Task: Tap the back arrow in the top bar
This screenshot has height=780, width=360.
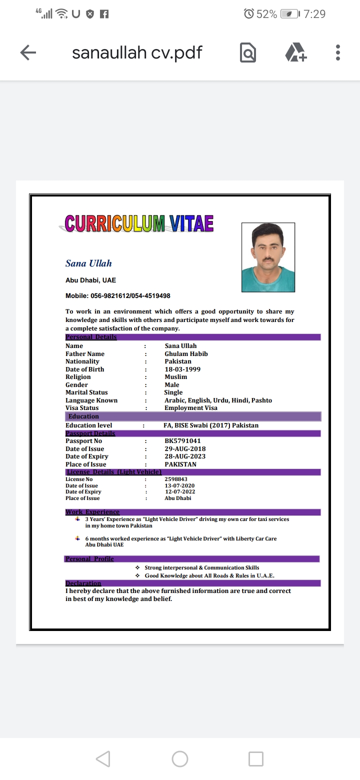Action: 28,52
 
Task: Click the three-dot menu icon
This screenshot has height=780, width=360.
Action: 338,52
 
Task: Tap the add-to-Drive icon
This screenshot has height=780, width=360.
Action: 295,52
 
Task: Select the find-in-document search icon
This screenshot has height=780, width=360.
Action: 248,52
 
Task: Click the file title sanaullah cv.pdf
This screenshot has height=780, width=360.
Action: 137,52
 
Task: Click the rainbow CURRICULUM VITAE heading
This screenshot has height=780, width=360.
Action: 139,223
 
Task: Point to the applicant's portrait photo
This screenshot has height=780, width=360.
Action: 268,257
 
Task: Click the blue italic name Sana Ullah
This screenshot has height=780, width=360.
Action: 88,263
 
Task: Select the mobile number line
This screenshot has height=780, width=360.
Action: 118,296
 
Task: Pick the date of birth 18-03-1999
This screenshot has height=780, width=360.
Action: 182,369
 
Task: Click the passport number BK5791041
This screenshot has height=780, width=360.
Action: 182,441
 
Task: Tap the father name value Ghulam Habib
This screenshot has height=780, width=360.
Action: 186,354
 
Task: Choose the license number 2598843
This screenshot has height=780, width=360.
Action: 176,479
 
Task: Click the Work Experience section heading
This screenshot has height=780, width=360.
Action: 92,512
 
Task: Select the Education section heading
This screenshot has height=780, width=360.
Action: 83,416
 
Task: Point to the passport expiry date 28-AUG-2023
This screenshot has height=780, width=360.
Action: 185,456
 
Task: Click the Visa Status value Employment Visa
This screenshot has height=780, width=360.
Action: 190,408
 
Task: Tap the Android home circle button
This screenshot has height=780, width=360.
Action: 180,759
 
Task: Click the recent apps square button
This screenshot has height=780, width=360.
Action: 256,759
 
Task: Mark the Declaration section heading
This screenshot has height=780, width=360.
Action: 83,583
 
